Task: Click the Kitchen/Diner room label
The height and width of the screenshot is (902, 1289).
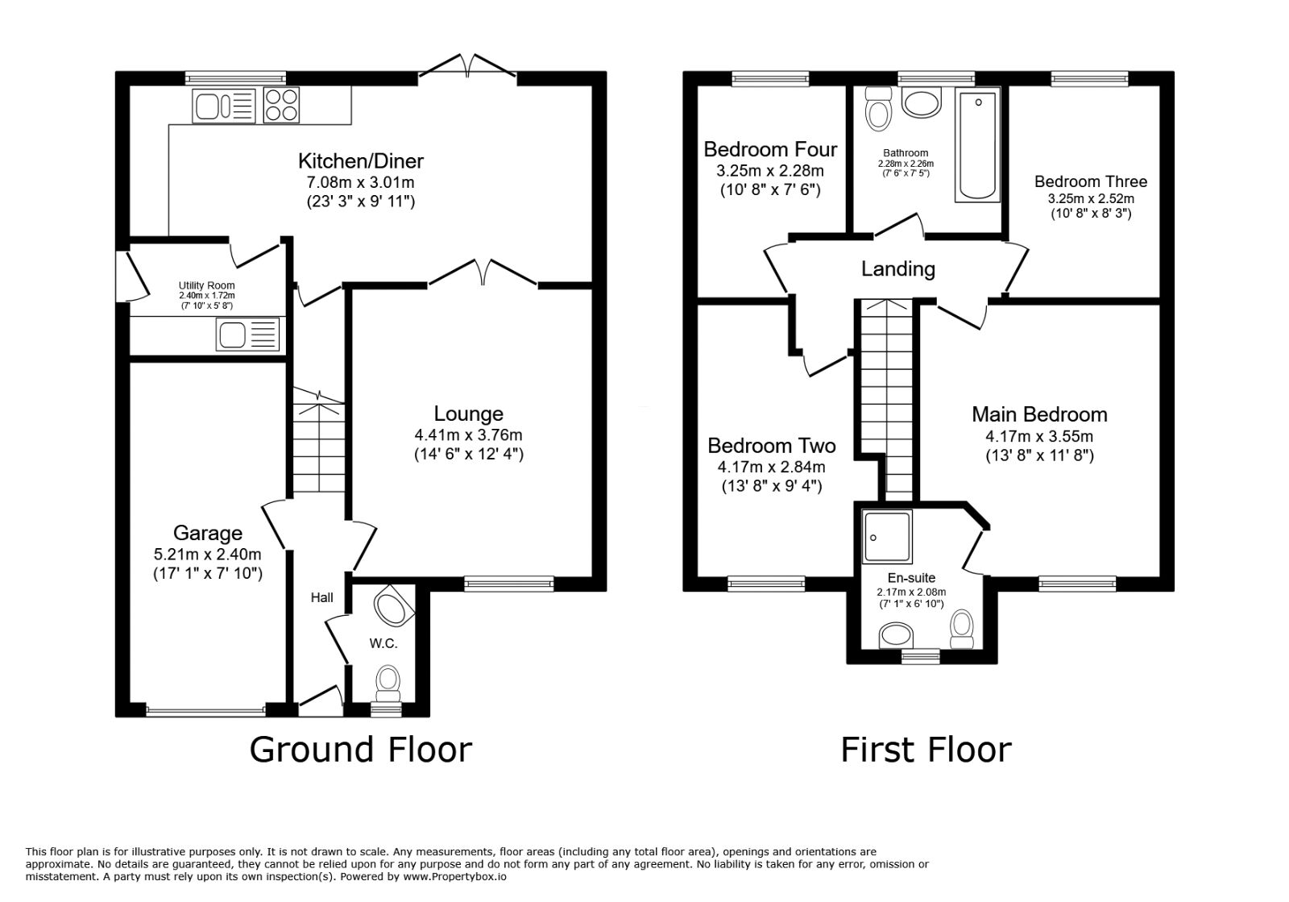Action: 361,160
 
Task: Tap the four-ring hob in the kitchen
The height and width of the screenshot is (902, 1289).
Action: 281,106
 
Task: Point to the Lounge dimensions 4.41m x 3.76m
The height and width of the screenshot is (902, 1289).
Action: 468,434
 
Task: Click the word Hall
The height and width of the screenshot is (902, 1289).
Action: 322,597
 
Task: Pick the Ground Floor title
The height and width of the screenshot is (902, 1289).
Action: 360,750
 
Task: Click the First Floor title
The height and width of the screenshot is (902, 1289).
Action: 926,750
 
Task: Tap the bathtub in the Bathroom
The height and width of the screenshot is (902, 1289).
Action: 977,145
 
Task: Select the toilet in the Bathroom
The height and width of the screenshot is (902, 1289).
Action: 877,110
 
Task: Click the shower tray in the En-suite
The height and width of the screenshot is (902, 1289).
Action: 888,535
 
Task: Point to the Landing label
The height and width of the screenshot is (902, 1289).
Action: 898,268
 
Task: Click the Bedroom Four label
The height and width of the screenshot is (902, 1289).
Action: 770,149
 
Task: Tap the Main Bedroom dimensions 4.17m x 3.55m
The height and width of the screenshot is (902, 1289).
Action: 1039,436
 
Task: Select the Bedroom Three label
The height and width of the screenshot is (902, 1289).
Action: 1091,181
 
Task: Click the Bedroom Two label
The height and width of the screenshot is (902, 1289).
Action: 771,446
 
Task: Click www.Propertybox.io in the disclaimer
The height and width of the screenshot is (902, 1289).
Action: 454,876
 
